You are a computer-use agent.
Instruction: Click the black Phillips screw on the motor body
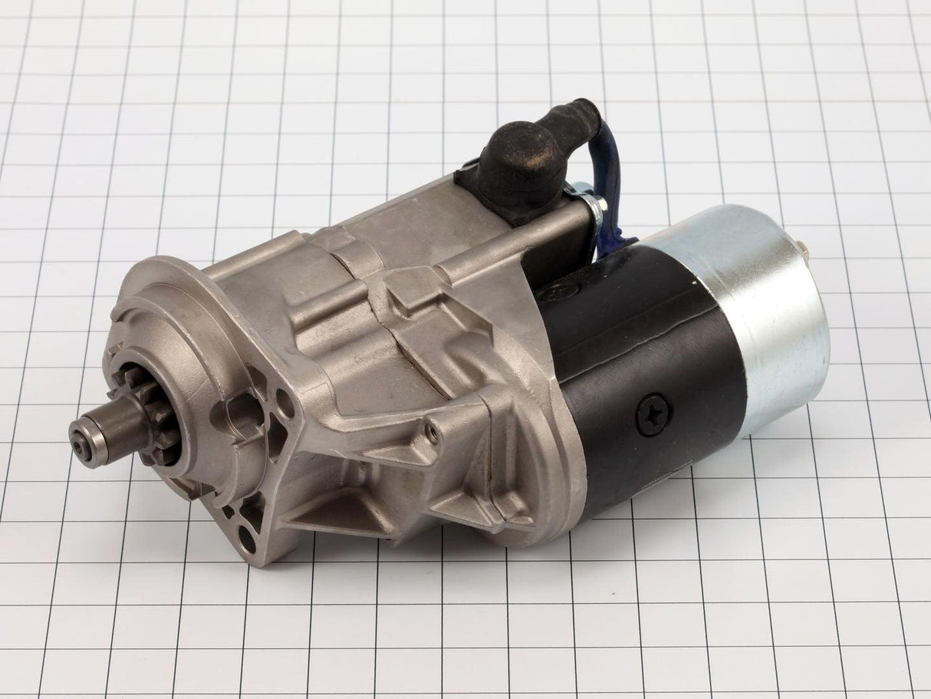653,414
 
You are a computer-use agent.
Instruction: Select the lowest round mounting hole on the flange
247,539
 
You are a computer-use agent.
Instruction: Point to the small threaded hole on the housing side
433,434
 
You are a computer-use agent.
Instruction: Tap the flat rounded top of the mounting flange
161,276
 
